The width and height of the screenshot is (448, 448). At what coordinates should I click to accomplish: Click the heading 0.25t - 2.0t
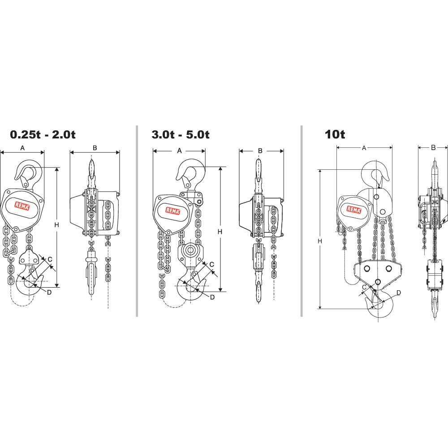pyautogui.click(x=43, y=134)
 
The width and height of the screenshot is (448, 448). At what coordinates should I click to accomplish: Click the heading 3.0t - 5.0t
pyautogui.click(x=181, y=134)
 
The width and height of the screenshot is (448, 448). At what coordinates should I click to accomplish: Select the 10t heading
pyautogui.click(x=335, y=134)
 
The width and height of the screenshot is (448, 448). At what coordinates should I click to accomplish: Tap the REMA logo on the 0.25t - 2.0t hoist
pyautogui.click(x=22, y=206)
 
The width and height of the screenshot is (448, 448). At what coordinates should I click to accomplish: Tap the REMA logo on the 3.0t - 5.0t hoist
pyautogui.click(x=173, y=211)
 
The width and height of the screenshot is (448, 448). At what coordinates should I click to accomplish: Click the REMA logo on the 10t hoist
pyautogui.click(x=354, y=209)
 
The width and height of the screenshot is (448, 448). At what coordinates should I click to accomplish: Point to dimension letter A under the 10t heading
pyautogui.click(x=364, y=148)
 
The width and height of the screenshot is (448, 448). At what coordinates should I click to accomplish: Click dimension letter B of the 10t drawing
pyautogui.click(x=433, y=148)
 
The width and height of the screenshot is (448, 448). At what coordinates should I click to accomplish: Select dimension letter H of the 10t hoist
pyautogui.click(x=320, y=241)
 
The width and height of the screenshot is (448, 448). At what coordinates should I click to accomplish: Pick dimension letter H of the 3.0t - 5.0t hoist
pyautogui.click(x=220, y=232)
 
